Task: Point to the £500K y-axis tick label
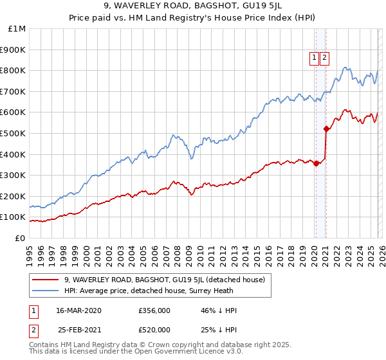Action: [x=14, y=134]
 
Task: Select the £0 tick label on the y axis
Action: [x=20, y=239]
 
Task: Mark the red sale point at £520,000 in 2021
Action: [x=326, y=129]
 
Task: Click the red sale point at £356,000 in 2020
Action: [x=316, y=163]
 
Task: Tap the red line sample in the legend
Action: [x=46, y=280]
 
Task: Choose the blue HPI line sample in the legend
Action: [x=46, y=291]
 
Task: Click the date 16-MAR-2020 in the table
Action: [x=78, y=310]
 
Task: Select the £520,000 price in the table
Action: [x=154, y=330]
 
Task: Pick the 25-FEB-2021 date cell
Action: [x=78, y=330]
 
